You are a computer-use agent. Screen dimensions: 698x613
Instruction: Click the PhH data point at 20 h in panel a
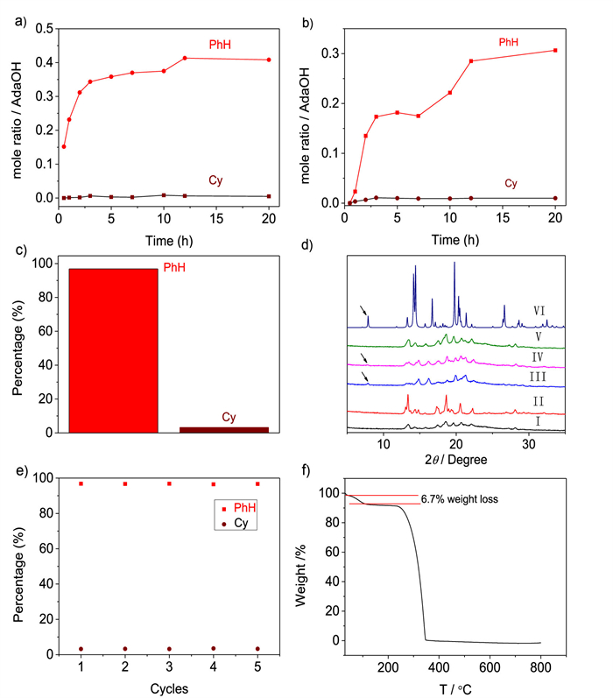tap(269, 60)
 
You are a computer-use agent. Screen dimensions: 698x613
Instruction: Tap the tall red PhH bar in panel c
tap(114, 349)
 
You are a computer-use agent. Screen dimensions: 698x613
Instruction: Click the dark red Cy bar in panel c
tap(214, 428)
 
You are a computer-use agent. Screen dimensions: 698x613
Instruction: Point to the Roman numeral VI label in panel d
tap(539, 310)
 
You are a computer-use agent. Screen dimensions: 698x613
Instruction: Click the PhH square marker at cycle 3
tap(169, 483)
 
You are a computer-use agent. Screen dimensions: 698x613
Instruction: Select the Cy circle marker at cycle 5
tap(257, 649)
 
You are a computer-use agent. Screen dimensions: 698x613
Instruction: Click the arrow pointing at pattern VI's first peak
tap(363, 312)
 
